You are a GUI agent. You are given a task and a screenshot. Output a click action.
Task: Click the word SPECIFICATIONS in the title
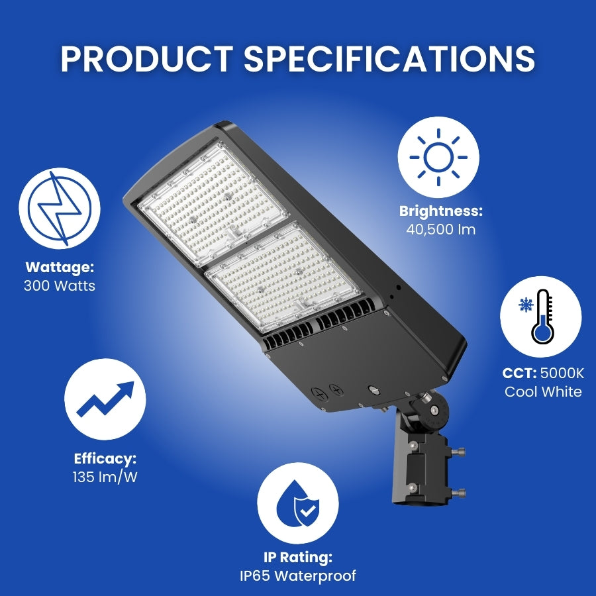pos(389,59)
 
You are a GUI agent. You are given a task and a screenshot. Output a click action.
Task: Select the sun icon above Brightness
pos(438,158)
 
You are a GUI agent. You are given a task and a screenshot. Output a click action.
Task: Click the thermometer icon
pos(542,316)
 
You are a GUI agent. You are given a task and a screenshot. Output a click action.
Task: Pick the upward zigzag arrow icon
pos(105,399)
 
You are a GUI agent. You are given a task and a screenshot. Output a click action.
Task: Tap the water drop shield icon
pos(297,503)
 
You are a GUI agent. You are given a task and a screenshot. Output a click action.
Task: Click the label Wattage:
pos(60,268)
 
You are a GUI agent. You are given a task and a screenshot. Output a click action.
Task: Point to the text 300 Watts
pos(60,286)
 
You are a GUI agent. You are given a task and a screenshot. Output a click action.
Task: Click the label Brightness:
pos(440,211)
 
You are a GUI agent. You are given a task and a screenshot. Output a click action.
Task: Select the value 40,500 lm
pos(440,230)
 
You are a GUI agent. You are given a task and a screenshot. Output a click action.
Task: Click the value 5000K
pos(562,373)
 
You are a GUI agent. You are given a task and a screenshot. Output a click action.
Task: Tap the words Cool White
pos(543,391)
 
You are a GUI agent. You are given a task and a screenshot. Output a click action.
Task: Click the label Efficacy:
pos(105,458)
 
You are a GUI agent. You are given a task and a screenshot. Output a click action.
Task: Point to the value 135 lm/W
pos(105,477)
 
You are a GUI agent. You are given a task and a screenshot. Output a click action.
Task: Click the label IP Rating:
pos(298,558)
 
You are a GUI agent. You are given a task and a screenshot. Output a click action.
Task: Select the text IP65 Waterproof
pos(298,575)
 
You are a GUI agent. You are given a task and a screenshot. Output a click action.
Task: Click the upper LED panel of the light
pos(215,205)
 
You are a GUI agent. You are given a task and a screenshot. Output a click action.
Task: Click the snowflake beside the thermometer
pos(527,305)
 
